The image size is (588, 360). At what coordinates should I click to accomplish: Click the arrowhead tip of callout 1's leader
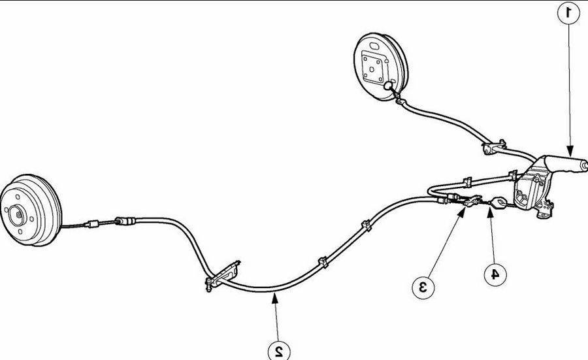coord(570,155)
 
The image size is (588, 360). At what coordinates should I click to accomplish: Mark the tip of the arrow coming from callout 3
coord(465,208)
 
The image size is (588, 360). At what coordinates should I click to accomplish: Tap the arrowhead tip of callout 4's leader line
coord(489,209)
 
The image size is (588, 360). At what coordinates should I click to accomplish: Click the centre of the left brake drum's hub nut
coord(18,215)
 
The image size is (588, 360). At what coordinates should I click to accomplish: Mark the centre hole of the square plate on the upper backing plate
coord(371,69)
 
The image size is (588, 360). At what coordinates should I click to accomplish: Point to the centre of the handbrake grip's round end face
coord(583,165)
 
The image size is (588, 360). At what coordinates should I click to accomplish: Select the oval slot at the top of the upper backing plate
coord(374,46)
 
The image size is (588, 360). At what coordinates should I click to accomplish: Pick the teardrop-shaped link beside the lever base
coord(498,203)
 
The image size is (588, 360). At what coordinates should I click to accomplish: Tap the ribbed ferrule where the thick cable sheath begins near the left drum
coord(125,221)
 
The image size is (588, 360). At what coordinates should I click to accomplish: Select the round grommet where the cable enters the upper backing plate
coord(387,86)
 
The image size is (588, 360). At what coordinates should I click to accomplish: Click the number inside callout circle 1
coord(569,13)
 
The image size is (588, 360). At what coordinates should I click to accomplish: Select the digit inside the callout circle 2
coord(278,352)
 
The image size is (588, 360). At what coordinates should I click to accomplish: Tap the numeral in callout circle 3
coord(423,287)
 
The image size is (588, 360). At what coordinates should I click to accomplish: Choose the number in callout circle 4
coord(495,274)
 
